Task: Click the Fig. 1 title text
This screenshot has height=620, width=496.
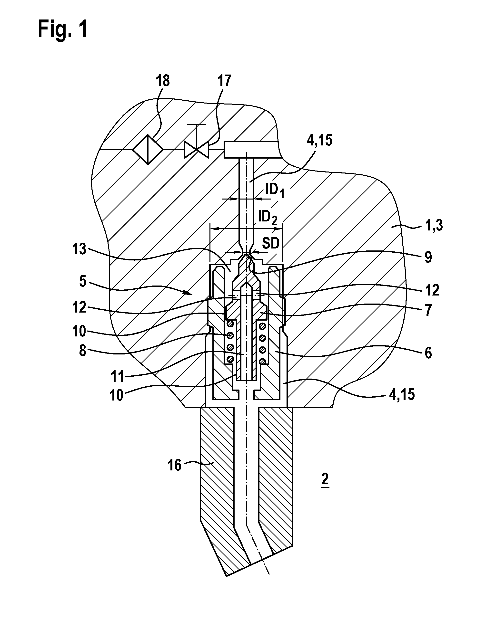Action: pyautogui.click(x=62, y=29)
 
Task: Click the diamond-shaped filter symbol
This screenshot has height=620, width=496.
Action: pyautogui.click(x=148, y=150)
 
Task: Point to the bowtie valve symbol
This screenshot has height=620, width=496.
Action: pyautogui.click(x=197, y=150)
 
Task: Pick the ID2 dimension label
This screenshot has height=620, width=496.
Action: pyautogui.click(x=268, y=218)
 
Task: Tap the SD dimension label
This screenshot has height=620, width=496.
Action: pyautogui.click(x=271, y=244)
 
